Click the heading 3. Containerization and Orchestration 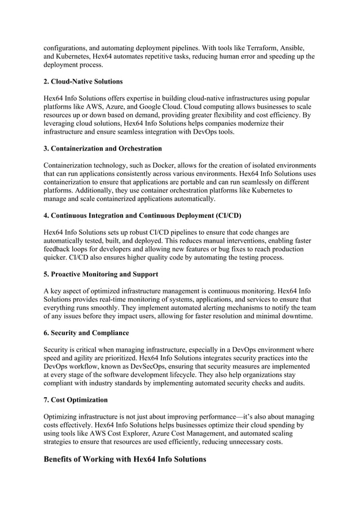(103, 148)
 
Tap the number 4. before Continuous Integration (47, 215)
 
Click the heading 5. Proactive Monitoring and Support (101, 274)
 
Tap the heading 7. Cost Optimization (76, 400)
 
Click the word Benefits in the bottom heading (61, 459)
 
